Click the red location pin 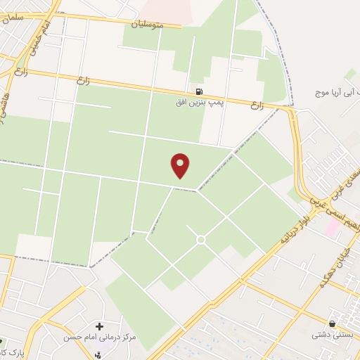tap(181, 165)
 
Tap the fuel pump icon tap(200, 91)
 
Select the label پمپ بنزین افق tap(198, 103)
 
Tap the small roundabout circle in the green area tap(200, 240)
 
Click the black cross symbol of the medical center tap(99, 326)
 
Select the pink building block tap(331, 226)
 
